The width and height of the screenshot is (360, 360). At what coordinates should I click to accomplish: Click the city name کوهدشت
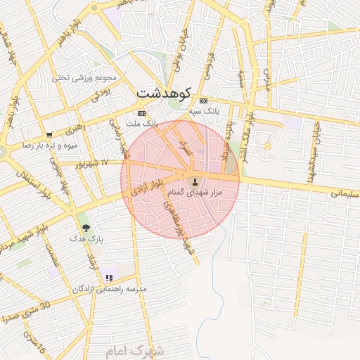tap(163, 93)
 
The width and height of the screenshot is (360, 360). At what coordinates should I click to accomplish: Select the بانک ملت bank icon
tap(141, 112)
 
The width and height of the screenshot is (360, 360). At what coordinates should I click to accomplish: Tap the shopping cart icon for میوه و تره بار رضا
tap(49, 135)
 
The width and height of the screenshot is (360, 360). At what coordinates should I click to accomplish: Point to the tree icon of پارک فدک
tap(86, 228)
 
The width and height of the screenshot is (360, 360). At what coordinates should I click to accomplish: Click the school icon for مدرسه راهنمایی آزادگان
tap(109, 278)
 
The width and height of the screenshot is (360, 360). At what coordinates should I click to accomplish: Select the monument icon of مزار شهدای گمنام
tap(195, 183)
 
